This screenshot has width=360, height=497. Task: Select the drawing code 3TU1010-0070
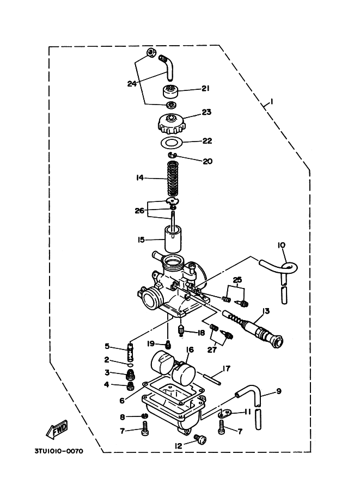pyautogui.click(x=59, y=451)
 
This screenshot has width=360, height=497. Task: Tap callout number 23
pyautogui.click(x=206, y=112)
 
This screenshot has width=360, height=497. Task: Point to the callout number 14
pyautogui.click(x=139, y=177)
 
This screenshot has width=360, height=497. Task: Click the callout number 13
pyautogui.click(x=266, y=311)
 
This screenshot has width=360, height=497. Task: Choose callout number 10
pyautogui.click(x=282, y=245)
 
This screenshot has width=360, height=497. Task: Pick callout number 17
pyautogui.click(x=227, y=369)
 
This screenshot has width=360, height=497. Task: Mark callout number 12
pyautogui.click(x=179, y=446)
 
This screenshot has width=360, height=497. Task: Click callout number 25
pyautogui.click(x=237, y=280)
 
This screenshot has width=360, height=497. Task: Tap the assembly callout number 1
pyautogui.click(x=272, y=102)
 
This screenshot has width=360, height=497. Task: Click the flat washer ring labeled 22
pyautogui.click(x=171, y=142)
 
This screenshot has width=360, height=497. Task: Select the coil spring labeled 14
pyautogui.click(x=173, y=179)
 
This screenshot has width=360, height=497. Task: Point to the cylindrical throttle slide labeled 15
pyautogui.click(x=173, y=238)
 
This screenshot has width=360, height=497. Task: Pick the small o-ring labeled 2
pyautogui.click(x=130, y=365)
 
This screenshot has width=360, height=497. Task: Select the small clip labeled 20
pyautogui.click(x=172, y=155)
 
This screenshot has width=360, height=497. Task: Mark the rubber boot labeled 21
pyautogui.click(x=170, y=92)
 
